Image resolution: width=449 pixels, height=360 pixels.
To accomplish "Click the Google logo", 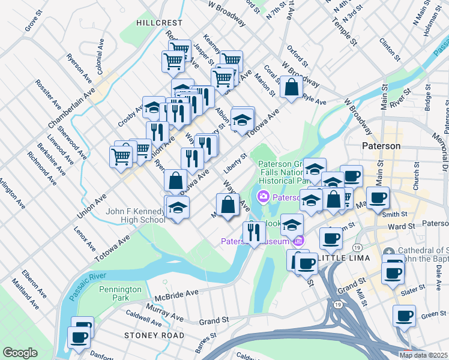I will coord(20,353).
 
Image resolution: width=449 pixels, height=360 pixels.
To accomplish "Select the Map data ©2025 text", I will coord(424,355).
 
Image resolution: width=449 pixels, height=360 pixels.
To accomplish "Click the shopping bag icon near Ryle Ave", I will coord(291,87).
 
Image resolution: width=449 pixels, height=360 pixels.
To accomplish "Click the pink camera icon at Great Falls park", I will coord(263,197).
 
